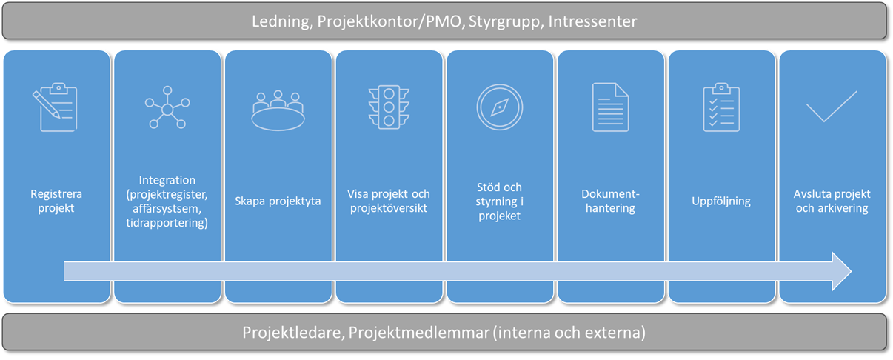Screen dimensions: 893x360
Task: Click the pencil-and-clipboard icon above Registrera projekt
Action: pyautogui.click(x=56, y=107)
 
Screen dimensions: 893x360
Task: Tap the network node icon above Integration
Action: pyautogui.click(x=167, y=107)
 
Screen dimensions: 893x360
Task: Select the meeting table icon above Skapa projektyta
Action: pyautogui.click(x=278, y=111)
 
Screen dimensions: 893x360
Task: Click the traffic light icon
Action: pyautogui.click(x=389, y=107)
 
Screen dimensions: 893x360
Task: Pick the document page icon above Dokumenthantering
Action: pyautogui.click(x=610, y=107)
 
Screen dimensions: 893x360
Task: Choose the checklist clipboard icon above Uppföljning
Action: pyautogui.click(x=721, y=107)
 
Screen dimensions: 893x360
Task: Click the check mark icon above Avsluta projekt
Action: pyautogui.click(x=832, y=107)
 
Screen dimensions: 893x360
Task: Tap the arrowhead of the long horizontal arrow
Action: pyautogui.click(x=842, y=272)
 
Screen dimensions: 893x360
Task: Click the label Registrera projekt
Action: pyautogui.click(x=56, y=201)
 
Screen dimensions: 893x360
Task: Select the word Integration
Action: pyautogui.click(x=167, y=180)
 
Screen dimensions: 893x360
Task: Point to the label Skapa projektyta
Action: pyautogui.click(x=278, y=201)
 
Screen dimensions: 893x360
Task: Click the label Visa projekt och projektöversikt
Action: pyautogui.click(x=389, y=201)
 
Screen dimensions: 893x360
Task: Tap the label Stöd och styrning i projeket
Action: pyautogui.click(x=500, y=201)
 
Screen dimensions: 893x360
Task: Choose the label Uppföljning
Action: pyautogui.click(x=721, y=201)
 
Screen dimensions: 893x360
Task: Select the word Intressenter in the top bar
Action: pyautogui.click(x=593, y=21)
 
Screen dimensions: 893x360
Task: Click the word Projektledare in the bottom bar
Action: pyautogui.click(x=293, y=333)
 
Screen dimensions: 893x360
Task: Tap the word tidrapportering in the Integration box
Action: pyautogui.click(x=167, y=223)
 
